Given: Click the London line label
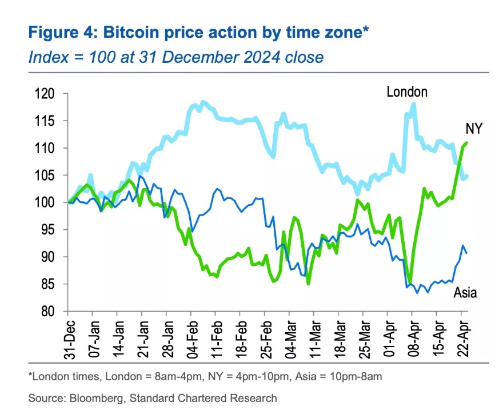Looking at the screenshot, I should coord(407,91).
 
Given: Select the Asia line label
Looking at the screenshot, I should coord(465,293).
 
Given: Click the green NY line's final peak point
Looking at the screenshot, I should coord(466,142).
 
